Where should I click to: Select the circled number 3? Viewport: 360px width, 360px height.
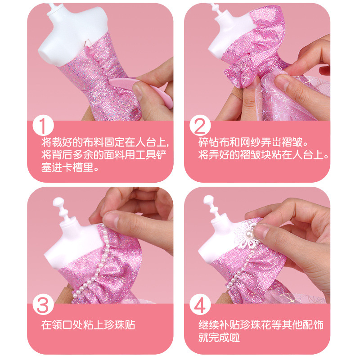point(44,304)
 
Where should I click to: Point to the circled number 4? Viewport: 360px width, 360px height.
point(200,304)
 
